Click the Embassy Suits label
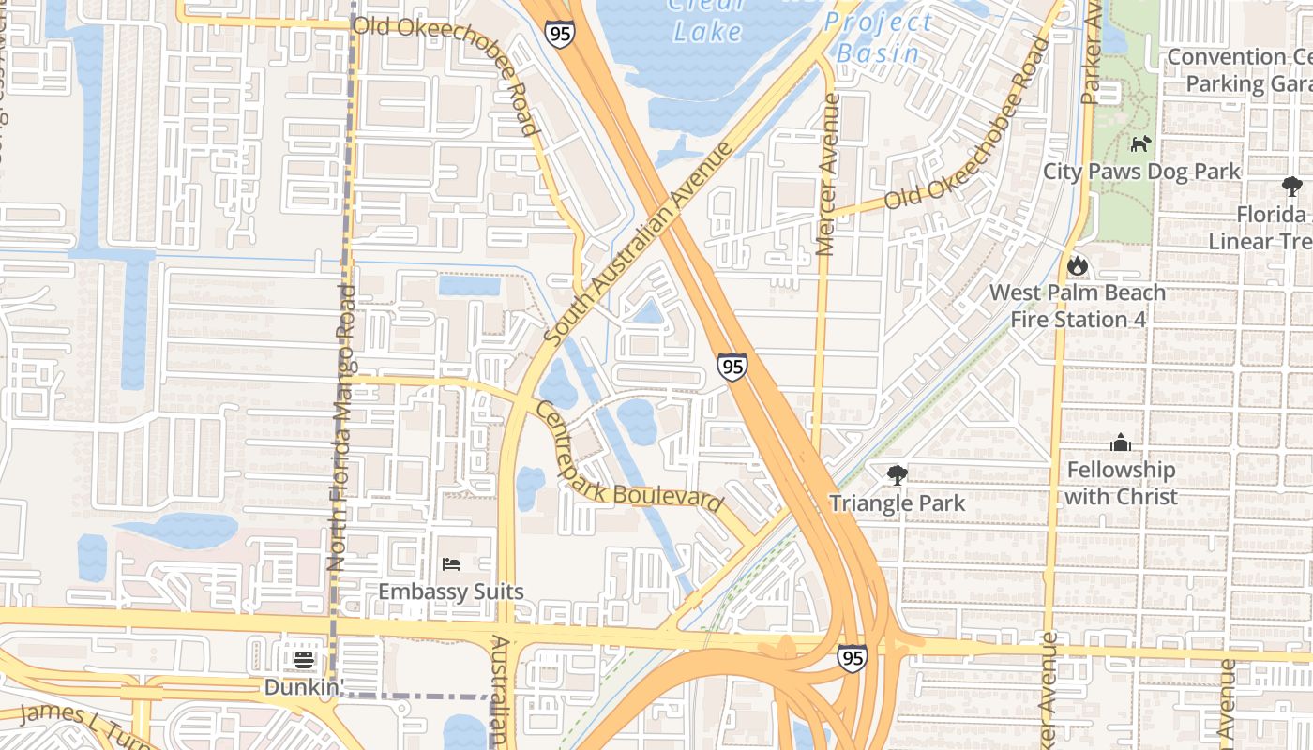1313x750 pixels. [x=450, y=592]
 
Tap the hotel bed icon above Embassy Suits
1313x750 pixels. [x=451, y=564]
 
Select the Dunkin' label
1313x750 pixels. [x=300, y=687]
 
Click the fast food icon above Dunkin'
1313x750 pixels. [x=303, y=660]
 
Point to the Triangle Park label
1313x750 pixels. [x=897, y=503]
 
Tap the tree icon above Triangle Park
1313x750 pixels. [x=898, y=475]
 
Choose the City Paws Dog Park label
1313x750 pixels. [x=1141, y=172]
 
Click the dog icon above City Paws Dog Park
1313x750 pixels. [x=1140, y=144]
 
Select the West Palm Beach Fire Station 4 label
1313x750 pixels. [x=1078, y=306]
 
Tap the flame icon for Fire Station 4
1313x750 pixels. [x=1078, y=266]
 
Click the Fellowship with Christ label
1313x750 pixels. [x=1121, y=483]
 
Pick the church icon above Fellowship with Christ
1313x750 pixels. [x=1121, y=442]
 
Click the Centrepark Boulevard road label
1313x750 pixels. [x=628, y=457]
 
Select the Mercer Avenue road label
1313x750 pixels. [x=826, y=174]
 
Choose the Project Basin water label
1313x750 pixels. [x=880, y=37]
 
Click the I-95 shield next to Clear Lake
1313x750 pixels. [x=559, y=35]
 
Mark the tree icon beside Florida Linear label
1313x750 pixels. [x=1291, y=187]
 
